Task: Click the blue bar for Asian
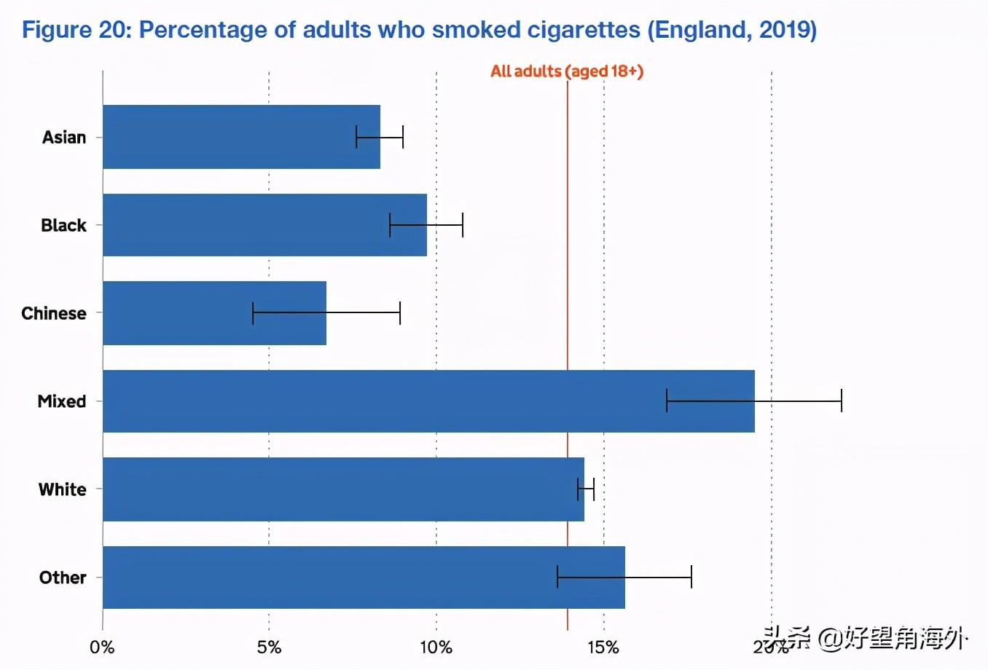click(x=240, y=137)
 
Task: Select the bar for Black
click(x=264, y=225)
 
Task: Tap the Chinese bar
click(x=214, y=313)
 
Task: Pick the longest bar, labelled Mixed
click(x=428, y=401)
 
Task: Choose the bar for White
click(x=342, y=489)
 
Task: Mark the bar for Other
click(x=363, y=578)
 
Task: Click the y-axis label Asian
click(x=64, y=138)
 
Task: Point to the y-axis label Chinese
click(x=54, y=314)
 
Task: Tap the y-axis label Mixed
click(x=62, y=402)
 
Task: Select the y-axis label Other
click(x=63, y=578)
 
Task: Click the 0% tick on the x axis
click(x=102, y=647)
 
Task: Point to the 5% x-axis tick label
click(x=269, y=647)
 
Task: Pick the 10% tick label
click(x=436, y=647)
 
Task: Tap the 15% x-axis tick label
click(x=603, y=647)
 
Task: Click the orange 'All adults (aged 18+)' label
click(x=567, y=71)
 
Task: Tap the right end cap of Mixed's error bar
click(x=842, y=401)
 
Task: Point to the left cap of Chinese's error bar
click(x=253, y=312)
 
